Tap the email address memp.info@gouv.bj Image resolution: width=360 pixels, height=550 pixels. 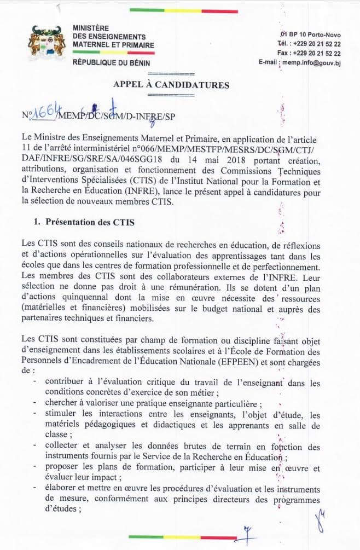311,63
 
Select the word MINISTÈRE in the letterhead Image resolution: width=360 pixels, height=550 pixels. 91,28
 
